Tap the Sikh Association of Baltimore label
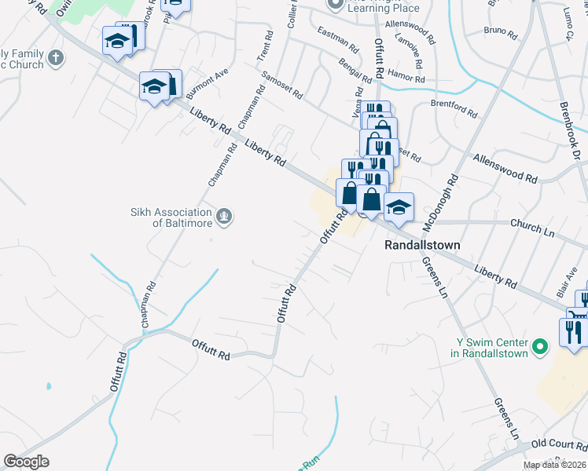(171, 217)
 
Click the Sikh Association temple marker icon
(225, 216)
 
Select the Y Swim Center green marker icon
(539, 345)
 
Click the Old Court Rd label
(555, 444)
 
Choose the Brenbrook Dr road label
(568, 130)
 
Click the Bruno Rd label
(501, 34)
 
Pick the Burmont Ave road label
(207, 82)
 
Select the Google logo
(26, 462)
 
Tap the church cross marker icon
(55, 57)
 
